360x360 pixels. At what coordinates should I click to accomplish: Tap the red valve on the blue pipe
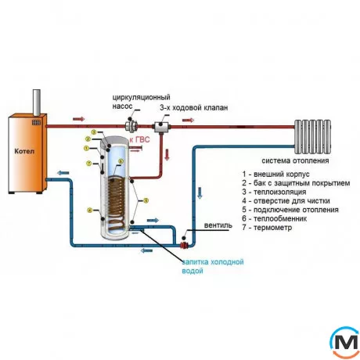pos(183,236)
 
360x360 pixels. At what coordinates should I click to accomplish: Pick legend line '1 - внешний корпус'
pos(277,173)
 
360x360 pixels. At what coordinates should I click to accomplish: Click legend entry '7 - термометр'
pos(270,228)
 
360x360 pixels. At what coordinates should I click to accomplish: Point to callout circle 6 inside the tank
pos(120,162)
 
